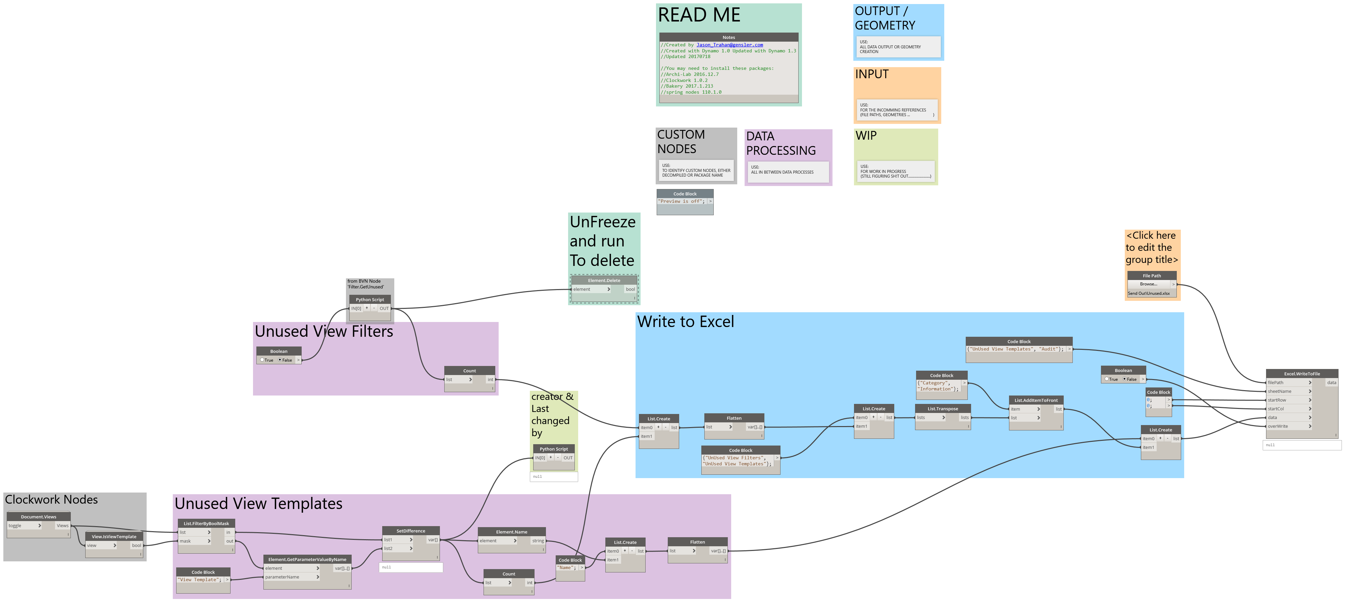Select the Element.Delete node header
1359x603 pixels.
pos(604,280)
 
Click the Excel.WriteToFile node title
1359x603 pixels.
pos(1302,374)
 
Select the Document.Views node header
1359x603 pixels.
pos(39,517)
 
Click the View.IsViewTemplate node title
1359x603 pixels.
pos(114,537)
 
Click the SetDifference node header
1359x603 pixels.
pos(410,531)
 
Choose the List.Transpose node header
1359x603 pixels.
pos(943,409)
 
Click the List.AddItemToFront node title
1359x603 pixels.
pos(1036,400)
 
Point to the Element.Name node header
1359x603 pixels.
pos(511,532)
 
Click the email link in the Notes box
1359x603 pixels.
pos(729,45)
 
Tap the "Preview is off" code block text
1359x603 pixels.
pos(681,201)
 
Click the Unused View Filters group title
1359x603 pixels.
pos(324,332)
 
